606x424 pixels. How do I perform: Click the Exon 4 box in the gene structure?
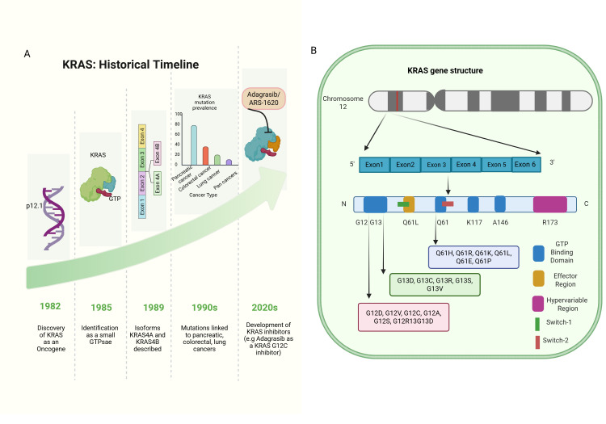click(x=466, y=165)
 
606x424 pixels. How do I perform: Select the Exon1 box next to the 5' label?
click(x=374, y=165)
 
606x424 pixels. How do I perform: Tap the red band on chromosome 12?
click(x=397, y=101)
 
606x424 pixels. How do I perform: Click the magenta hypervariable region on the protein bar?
click(x=550, y=204)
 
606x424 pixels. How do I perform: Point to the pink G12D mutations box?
click(x=403, y=317)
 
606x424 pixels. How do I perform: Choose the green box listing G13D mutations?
click(x=435, y=284)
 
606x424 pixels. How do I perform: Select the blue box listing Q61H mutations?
click(x=473, y=257)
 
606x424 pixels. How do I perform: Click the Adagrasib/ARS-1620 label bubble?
click(x=263, y=99)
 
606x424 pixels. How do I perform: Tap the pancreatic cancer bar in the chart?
click(x=194, y=145)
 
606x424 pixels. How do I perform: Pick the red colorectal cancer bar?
click(x=205, y=156)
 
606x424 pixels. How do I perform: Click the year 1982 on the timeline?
click(x=50, y=306)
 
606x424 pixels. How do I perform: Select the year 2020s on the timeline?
click(x=265, y=308)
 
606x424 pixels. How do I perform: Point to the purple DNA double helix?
click(x=54, y=218)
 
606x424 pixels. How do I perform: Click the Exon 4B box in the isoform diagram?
click(x=158, y=153)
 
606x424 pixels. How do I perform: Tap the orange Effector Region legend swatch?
click(x=538, y=279)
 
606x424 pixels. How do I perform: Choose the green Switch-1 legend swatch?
click(x=537, y=324)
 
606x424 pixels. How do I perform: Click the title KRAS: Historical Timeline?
click(x=131, y=65)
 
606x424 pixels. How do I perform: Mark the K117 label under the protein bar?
click(x=474, y=222)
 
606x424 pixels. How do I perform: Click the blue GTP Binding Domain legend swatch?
click(x=538, y=254)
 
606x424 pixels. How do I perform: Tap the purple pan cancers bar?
click(x=229, y=162)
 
